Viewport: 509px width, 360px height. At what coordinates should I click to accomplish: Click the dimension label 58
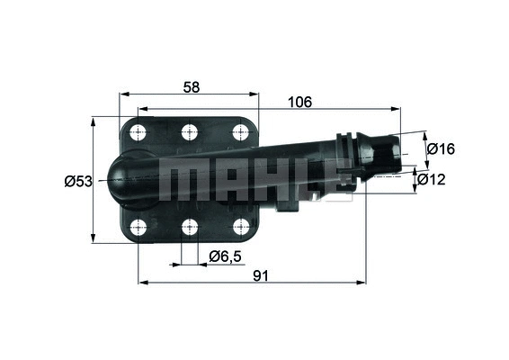point(190,86)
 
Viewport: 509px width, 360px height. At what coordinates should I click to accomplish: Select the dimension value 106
point(299,103)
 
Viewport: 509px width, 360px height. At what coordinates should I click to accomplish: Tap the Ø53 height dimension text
point(78,182)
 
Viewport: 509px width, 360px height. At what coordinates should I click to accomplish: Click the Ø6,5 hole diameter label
point(225,256)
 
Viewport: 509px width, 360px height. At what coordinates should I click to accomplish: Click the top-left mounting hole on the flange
point(139,132)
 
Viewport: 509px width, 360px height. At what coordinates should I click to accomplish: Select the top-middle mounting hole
point(190,132)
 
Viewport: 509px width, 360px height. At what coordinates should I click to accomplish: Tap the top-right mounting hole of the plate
point(240,132)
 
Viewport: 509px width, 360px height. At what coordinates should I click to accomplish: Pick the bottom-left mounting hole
point(139,226)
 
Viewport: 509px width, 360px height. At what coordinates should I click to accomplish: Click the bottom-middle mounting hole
point(190,226)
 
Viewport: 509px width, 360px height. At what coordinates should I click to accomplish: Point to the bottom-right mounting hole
point(240,226)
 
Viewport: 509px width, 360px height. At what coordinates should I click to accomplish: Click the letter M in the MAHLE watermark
point(180,180)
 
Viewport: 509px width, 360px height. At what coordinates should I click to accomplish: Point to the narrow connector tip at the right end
point(388,152)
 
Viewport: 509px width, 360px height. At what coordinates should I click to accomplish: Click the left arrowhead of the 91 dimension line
point(142,283)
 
